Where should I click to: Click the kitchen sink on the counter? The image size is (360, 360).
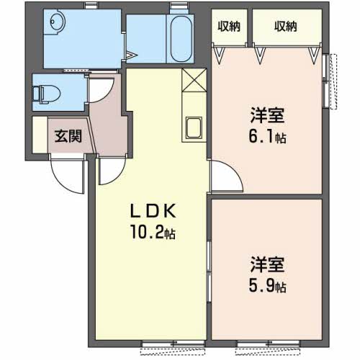coord(194,128)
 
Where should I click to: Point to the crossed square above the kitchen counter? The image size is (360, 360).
coord(194,80)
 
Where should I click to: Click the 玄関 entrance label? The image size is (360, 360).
coord(68,136)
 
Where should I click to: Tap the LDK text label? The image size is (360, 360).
coord(153,211)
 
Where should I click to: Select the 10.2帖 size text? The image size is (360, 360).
coord(153,233)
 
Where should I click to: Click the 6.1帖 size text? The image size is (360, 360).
coord(267,138)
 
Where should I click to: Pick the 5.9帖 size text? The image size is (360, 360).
coord(267,286)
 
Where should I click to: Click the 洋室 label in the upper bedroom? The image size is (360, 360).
coord(267,116)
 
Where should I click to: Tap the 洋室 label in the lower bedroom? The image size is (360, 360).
coord(267,264)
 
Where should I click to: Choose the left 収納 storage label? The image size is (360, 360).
coord(229,26)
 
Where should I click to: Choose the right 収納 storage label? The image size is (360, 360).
coord(286,26)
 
